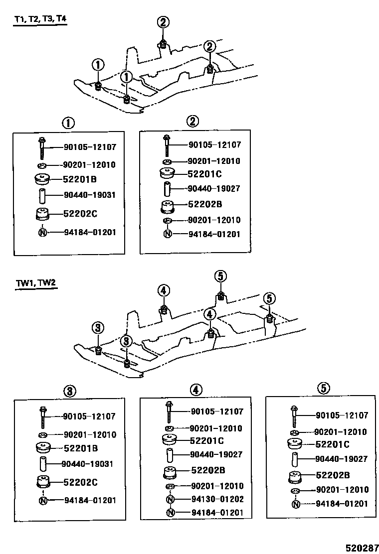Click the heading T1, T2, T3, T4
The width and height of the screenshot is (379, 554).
(x=40, y=20)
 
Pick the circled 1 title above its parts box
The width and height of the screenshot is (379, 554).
(x=68, y=123)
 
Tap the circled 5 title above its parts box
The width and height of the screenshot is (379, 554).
(x=323, y=388)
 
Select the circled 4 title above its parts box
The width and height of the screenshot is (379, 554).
(x=195, y=389)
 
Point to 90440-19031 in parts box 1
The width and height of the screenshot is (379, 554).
(x=90, y=195)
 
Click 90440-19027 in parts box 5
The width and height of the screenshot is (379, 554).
(x=342, y=459)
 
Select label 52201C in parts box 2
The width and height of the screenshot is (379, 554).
(x=204, y=174)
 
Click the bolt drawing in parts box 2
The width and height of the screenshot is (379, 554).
(x=166, y=145)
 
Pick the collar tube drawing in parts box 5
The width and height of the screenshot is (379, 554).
(x=295, y=459)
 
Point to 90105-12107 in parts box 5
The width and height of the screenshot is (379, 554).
(x=342, y=415)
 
